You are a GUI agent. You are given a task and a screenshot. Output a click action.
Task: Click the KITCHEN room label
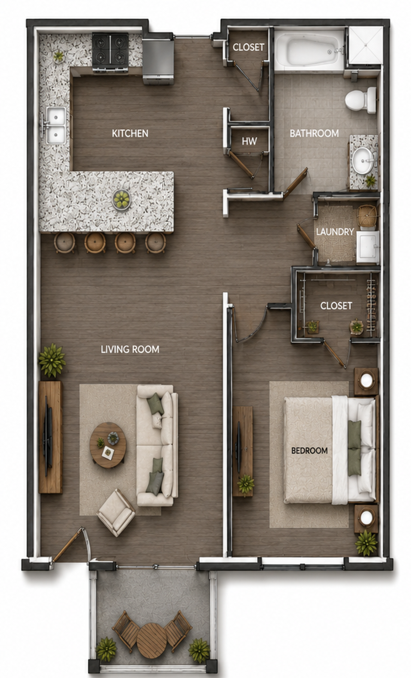pyautogui.click(x=130, y=133)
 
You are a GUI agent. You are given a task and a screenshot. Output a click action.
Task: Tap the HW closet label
pyautogui.click(x=249, y=142)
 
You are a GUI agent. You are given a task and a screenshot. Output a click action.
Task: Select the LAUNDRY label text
pyautogui.click(x=335, y=232)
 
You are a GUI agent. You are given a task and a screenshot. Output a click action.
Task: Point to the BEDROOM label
pyautogui.click(x=309, y=451)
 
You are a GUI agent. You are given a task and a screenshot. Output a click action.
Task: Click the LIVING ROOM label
pyautogui.click(x=130, y=349)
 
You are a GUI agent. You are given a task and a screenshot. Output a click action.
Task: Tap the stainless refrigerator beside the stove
pyautogui.click(x=158, y=61)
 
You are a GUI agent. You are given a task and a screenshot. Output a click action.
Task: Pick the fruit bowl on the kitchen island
pyautogui.click(x=121, y=200)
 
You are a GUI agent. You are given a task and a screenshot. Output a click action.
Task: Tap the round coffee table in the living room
pyautogui.click(x=107, y=445)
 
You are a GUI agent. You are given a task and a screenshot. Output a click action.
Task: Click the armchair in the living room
pyautogui.click(x=116, y=512)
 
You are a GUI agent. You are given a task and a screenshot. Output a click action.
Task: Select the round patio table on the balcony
pyautogui.click(x=152, y=640)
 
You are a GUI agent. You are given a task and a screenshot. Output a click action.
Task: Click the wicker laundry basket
pyautogui.click(x=368, y=215)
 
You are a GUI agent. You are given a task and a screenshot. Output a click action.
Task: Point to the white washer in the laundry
pyautogui.click(x=368, y=247)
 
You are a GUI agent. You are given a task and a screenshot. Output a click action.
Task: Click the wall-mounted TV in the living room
pyautogui.click(x=47, y=437)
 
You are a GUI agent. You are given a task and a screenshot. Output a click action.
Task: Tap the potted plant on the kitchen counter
pyautogui.click(x=58, y=56)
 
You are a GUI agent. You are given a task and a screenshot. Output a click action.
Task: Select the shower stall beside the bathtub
pyautogui.click(x=365, y=46)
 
